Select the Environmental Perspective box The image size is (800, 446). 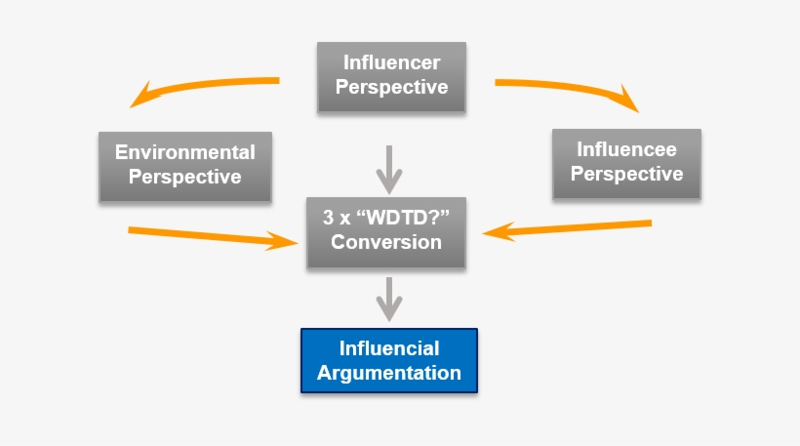(x=185, y=165)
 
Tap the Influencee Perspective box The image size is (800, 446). (x=626, y=163)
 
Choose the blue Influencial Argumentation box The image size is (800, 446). (x=389, y=361)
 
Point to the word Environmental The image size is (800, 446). (x=185, y=152)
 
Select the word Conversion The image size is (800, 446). (x=386, y=241)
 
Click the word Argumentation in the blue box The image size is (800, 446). (x=389, y=373)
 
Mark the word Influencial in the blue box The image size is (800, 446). (x=389, y=348)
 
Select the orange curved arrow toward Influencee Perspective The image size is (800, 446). (x=576, y=88)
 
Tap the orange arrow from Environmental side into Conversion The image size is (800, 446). (x=210, y=236)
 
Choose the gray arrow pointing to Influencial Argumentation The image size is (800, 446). (x=389, y=298)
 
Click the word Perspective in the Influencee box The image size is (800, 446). (x=626, y=175)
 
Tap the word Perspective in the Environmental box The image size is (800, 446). (x=185, y=177)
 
